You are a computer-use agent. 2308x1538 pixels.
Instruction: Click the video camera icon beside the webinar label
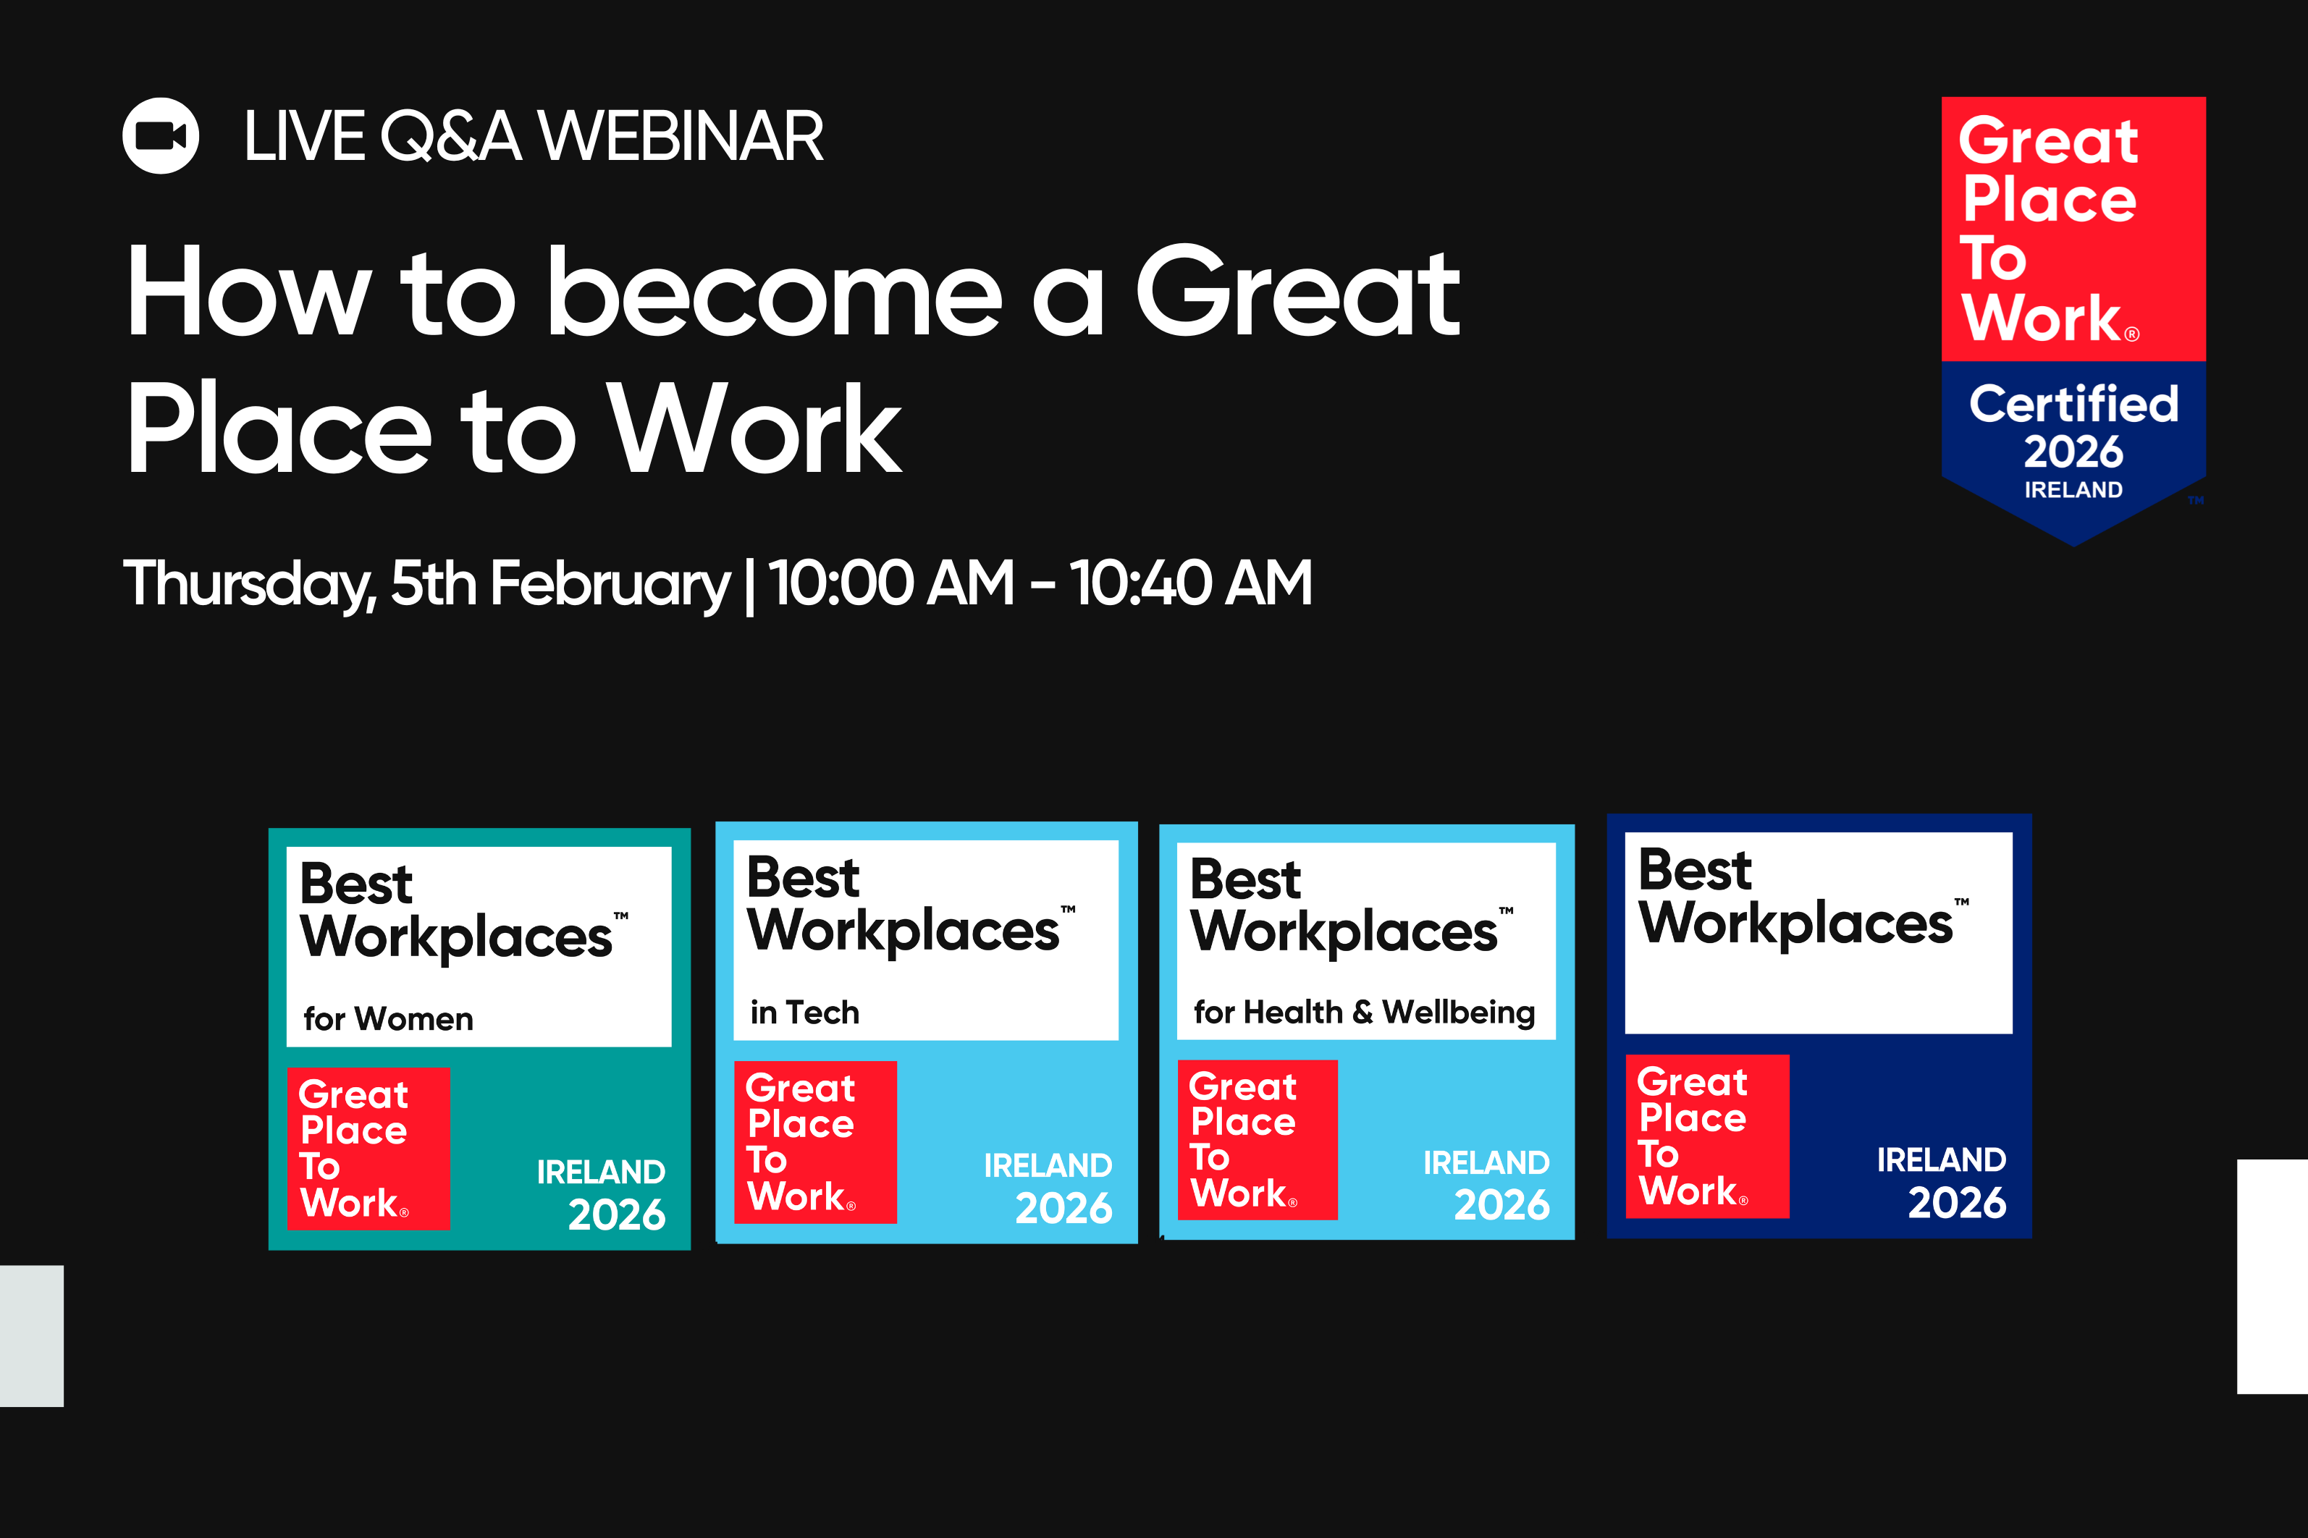coord(161,135)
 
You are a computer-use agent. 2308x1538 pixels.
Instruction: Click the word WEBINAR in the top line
coord(681,136)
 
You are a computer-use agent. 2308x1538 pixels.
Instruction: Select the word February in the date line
coord(609,583)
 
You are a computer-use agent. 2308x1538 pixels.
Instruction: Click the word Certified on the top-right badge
coord(2073,404)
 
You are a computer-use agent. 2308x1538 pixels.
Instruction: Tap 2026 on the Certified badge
coord(2073,451)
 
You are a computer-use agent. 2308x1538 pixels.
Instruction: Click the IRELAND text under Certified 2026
coord(2073,489)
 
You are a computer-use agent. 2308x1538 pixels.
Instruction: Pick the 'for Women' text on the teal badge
coord(389,1019)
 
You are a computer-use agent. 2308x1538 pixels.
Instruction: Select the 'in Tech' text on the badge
coord(804,1013)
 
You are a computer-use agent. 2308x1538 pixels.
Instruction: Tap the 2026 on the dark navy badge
coord(1957,1203)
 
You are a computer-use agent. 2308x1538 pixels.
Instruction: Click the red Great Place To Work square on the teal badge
coord(368,1148)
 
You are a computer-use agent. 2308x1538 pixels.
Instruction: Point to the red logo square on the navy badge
coord(1706,1136)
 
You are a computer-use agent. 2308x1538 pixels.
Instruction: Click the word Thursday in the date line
coord(249,583)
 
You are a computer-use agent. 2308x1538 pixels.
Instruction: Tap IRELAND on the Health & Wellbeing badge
coord(1486,1162)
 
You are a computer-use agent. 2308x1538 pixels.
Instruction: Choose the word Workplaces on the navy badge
coord(1795,924)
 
